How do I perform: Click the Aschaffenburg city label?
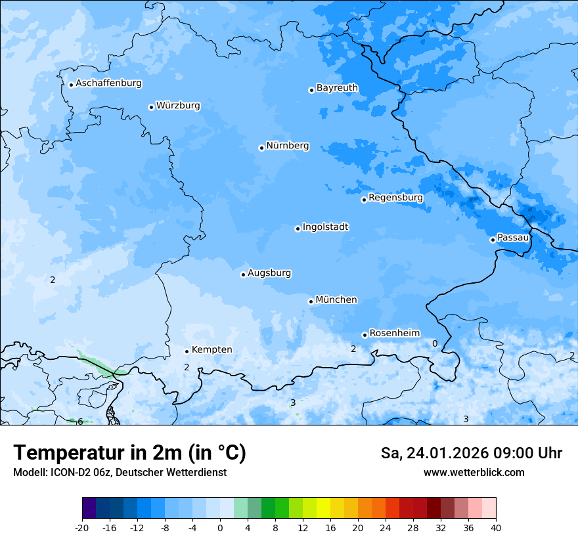pos(108,83)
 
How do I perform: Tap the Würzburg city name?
pos(178,106)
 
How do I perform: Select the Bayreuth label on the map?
pos(337,88)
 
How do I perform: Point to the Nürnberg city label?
pos(287,146)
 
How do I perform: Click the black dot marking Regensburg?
pos(364,200)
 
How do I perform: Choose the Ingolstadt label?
pos(325,227)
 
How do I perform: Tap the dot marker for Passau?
pos(493,240)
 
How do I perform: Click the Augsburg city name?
pos(269,273)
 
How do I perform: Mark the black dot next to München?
pos(311,301)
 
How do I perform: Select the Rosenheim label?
pos(394,334)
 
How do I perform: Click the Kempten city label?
pos(211,350)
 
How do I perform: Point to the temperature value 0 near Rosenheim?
pos(434,343)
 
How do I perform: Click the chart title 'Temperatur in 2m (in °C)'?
pos(129,453)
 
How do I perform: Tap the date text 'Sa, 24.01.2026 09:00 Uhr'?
pos(471,453)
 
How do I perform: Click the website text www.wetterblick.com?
pos(474,473)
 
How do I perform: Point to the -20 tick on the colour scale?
pos(82,528)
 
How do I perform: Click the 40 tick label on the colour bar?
pos(495,528)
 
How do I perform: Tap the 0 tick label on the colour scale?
pos(220,528)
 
